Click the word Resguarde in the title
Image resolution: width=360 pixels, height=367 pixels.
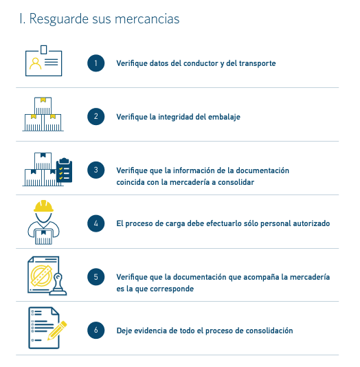58,19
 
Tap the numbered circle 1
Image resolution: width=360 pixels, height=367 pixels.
96,63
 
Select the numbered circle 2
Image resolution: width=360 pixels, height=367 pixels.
96,116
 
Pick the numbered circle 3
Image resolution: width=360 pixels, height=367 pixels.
96,170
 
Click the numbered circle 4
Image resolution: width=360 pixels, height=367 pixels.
96,223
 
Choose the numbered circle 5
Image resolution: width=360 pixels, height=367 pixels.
96,277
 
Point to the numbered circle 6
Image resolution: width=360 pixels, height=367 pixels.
96,331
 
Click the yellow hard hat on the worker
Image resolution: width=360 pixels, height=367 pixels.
43,206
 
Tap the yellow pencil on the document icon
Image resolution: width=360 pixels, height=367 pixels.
57,331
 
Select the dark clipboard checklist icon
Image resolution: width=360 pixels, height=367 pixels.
65,170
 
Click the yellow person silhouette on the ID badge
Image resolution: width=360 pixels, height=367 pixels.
35,64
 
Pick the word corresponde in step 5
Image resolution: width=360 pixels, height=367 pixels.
172,289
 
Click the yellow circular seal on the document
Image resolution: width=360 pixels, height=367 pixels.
41,276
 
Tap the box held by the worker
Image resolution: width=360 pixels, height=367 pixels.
43,237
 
